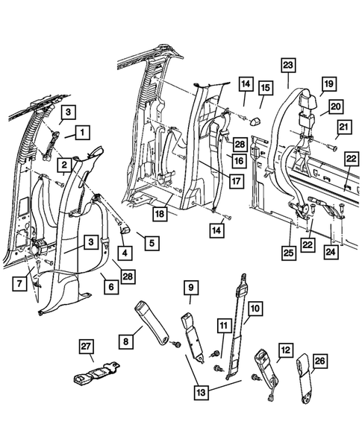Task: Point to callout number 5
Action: (x=152, y=241)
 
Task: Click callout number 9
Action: (x=190, y=288)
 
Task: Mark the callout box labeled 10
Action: (x=255, y=307)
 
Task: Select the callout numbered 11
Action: (x=222, y=325)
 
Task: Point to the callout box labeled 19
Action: (x=327, y=85)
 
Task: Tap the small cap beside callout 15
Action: (x=255, y=119)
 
